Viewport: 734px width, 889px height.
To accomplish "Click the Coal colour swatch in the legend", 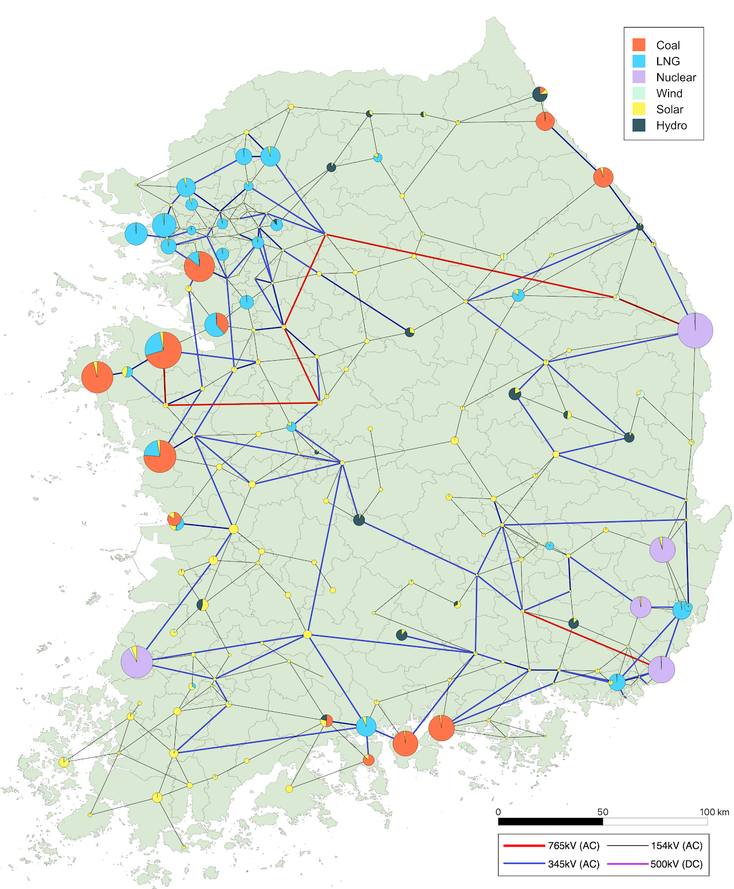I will tap(639, 45).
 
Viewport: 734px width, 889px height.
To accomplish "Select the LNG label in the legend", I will tap(667, 61).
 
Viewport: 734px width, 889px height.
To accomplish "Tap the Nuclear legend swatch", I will tap(639, 77).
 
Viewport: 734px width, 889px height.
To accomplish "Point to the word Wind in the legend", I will tap(669, 93).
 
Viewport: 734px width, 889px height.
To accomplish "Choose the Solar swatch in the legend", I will tap(639, 110).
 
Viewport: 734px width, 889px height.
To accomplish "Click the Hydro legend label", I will tap(671, 126).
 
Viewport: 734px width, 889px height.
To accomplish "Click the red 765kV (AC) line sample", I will tap(523, 845).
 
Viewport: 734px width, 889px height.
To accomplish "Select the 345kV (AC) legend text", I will tap(573, 864).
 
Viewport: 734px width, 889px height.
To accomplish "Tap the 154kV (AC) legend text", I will tap(676, 845).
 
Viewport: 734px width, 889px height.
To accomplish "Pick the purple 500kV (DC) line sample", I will tap(627, 864).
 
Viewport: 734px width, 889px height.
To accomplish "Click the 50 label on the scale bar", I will tap(603, 812).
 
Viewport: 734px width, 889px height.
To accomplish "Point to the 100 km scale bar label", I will tap(714, 812).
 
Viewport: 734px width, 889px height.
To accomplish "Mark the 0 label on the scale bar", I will tap(498, 812).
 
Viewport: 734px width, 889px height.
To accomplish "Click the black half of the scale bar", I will tap(550, 821).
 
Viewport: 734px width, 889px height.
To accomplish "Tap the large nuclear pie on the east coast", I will tap(695, 330).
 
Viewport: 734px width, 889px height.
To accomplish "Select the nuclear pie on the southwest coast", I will tap(137, 662).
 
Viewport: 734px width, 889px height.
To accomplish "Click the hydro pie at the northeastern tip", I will tap(540, 93).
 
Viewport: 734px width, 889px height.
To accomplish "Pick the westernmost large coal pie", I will tap(97, 377).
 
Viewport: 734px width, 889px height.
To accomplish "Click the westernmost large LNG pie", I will tap(136, 233).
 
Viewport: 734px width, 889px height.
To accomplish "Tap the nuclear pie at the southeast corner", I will tap(661, 669).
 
